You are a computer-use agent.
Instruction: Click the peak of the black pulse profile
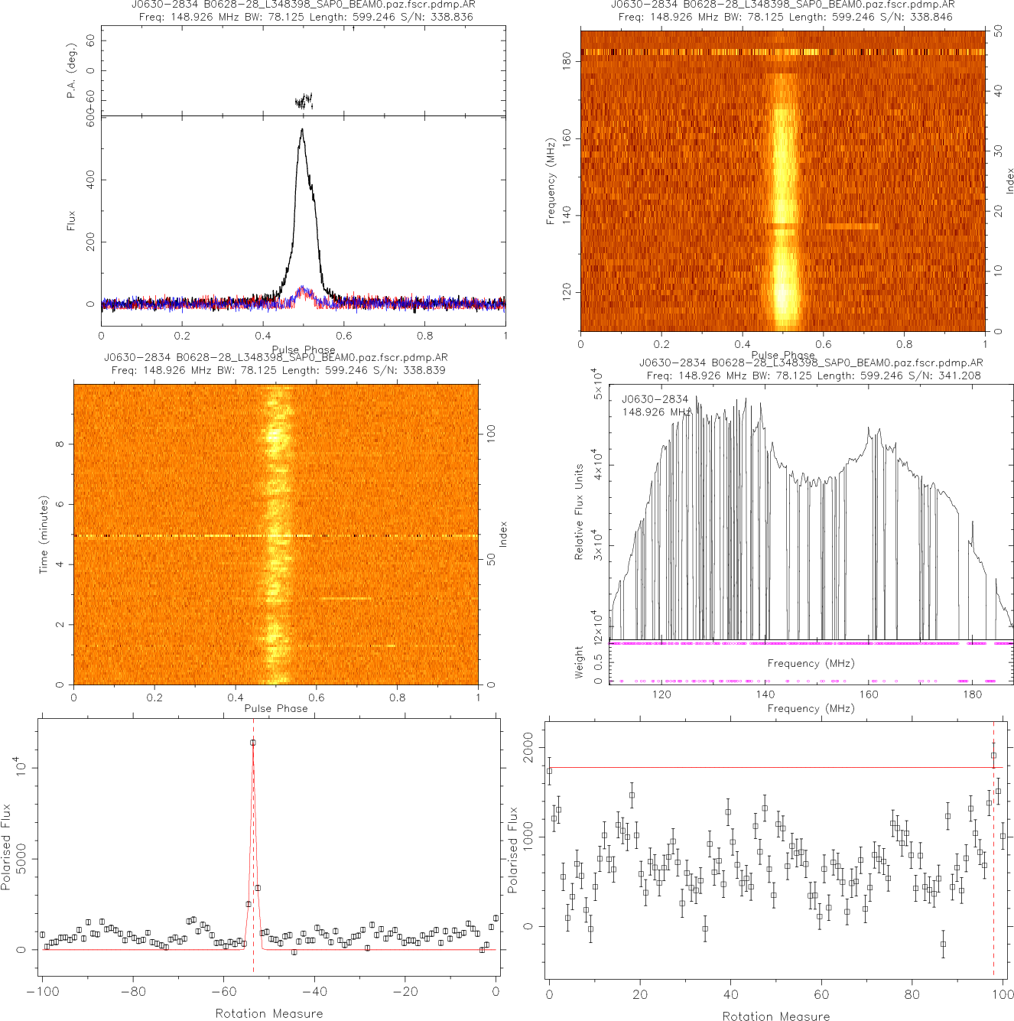[303, 129]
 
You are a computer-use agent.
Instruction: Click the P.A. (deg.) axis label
[71, 79]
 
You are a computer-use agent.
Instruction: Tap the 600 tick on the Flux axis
[90, 123]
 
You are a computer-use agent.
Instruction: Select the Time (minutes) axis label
[44, 535]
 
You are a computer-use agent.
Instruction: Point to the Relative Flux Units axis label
[579, 512]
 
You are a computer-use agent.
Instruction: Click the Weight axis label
[579, 662]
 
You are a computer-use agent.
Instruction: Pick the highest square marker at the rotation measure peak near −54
[253, 743]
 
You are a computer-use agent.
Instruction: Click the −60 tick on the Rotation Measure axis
[223, 992]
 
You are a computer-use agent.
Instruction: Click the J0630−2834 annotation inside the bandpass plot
[655, 399]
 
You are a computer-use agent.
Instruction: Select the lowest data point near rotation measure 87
[943, 944]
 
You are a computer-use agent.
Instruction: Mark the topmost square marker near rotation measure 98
[993, 756]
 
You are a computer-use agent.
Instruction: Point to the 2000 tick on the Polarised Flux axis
[527, 747]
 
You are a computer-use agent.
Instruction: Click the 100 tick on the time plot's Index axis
[492, 434]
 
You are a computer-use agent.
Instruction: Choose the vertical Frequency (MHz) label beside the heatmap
[550, 181]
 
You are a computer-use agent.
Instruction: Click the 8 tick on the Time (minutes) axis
[60, 444]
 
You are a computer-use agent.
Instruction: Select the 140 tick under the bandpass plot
[765, 694]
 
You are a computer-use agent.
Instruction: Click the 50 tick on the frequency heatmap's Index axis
[998, 32]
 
